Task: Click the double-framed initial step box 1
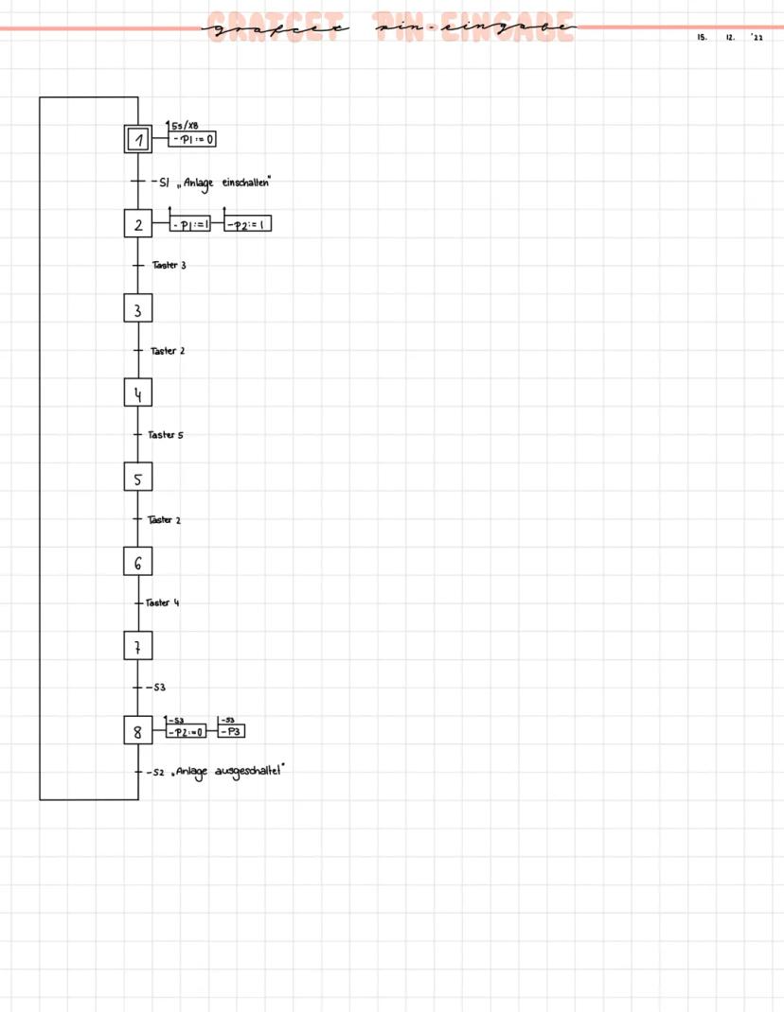(138, 140)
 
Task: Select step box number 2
(138, 225)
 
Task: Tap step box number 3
(138, 309)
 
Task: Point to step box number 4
(138, 393)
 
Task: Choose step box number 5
(138, 479)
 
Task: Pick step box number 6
(138, 563)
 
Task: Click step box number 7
(138, 647)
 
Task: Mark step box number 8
(138, 731)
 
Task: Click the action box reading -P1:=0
(193, 140)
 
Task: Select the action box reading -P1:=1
(189, 225)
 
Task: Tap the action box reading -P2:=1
(248, 225)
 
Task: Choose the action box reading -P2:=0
(186, 732)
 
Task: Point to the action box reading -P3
(232, 732)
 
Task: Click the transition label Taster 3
(169, 266)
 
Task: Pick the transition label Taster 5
(166, 435)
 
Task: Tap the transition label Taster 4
(163, 602)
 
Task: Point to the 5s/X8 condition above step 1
(185, 126)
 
